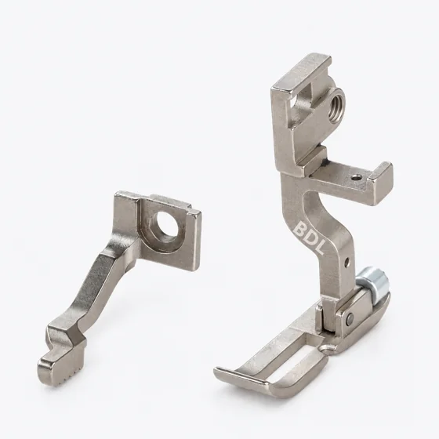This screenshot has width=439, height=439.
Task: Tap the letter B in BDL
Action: [x=300, y=229]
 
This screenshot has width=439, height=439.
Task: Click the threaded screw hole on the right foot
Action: [x=336, y=105]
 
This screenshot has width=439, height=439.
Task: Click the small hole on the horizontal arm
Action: [x=357, y=177]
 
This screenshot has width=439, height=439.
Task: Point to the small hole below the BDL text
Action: [x=347, y=263]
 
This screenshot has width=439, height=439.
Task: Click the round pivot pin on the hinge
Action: [x=350, y=317]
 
